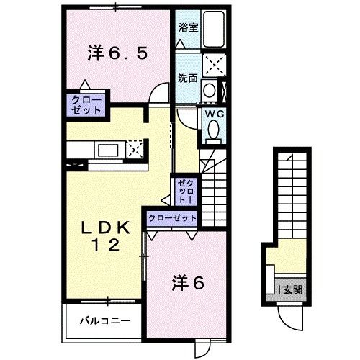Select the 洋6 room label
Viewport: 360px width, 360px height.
pos(188,283)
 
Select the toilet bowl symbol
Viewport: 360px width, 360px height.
pos(214,130)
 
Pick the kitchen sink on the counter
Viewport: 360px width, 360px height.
pos(109,150)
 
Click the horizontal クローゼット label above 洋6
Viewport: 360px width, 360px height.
pos(172,217)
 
